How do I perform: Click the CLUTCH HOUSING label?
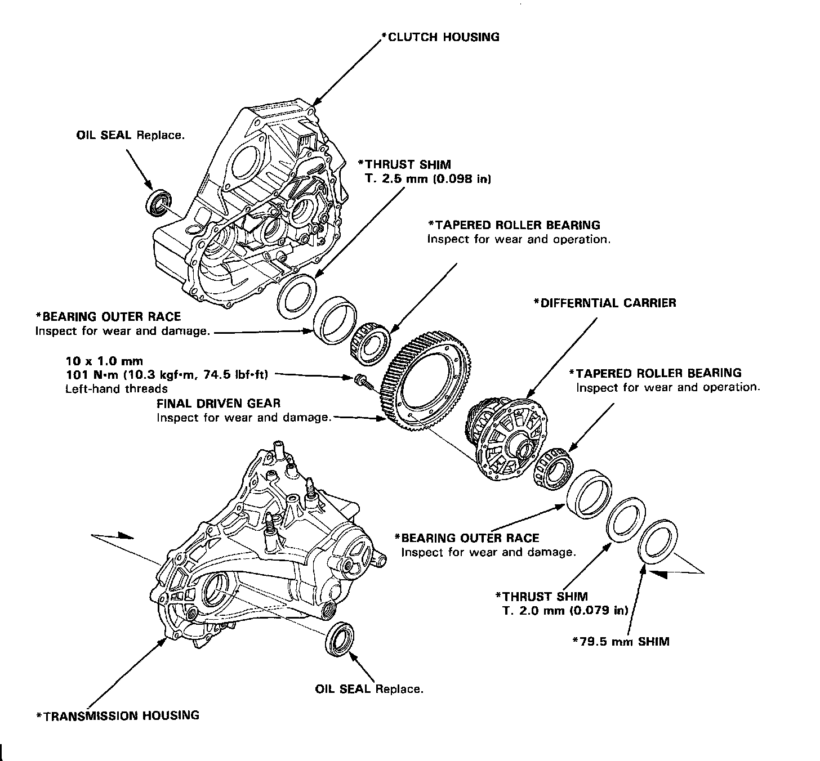pos(440,37)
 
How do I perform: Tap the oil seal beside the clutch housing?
pos(159,203)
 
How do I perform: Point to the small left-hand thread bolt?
pos(362,380)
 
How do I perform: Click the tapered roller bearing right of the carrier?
pos(552,465)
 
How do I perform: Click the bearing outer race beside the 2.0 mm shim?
pos(589,492)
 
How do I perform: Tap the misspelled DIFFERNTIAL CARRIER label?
pos(605,303)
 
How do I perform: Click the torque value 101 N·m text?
pos(168,374)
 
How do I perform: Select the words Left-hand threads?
pos(117,388)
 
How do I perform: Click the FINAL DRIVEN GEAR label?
pos(219,403)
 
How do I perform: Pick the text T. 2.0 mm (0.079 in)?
pos(566,611)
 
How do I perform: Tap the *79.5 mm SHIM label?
pos(621,641)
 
